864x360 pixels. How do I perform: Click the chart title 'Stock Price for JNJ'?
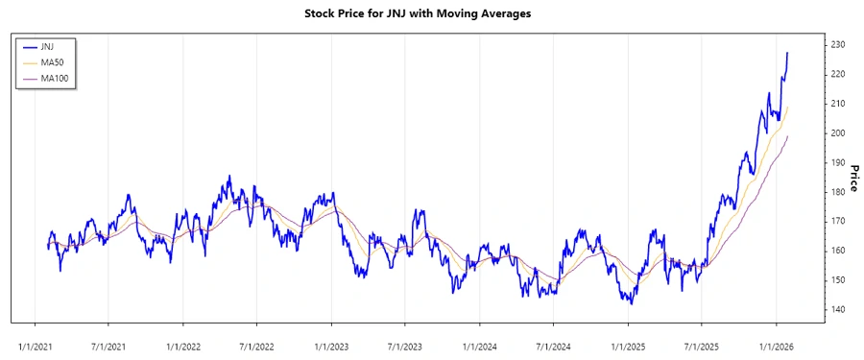[417, 13]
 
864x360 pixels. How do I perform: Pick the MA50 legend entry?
[52, 61]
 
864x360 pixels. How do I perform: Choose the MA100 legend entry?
[55, 78]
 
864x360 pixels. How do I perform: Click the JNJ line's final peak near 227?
[788, 53]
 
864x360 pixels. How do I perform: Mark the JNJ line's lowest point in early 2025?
[631, 304]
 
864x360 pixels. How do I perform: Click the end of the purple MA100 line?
[788, 136]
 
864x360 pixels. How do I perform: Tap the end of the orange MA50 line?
[788, 108]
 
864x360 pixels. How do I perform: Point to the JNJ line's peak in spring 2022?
[229, 177]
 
